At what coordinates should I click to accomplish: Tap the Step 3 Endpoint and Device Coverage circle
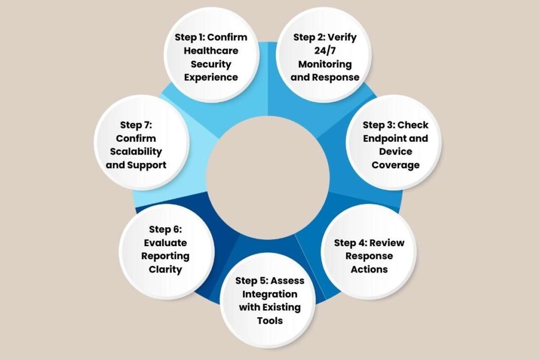395,145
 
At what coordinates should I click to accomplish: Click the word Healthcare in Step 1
211,51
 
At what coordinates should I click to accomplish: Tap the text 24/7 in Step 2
325,51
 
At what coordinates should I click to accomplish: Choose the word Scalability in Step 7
141,152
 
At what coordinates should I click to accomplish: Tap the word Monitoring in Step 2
325,64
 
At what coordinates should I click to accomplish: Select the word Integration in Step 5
269,294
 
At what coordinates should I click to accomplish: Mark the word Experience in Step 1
211,77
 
